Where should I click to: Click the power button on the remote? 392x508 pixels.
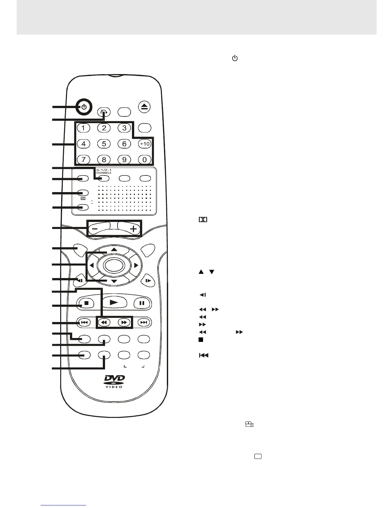(84, 107)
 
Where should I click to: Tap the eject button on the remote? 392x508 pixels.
(144, 107)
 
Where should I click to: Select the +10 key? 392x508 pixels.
(145, 144)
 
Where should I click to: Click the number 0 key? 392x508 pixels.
(145, 159)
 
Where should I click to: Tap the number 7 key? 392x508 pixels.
(84, 159)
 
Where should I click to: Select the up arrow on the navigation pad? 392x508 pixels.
(114, 249)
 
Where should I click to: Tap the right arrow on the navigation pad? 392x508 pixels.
(136, 265)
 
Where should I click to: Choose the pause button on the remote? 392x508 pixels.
(142, 302)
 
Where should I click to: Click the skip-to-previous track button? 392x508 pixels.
(84, 322)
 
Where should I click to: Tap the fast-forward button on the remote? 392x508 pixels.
(124, 322)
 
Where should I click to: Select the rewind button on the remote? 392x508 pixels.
(104, 322)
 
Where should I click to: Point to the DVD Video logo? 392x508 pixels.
(114, 382)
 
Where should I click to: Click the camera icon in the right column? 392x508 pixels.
(249, 425)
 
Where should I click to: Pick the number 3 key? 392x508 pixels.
(124, 128)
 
